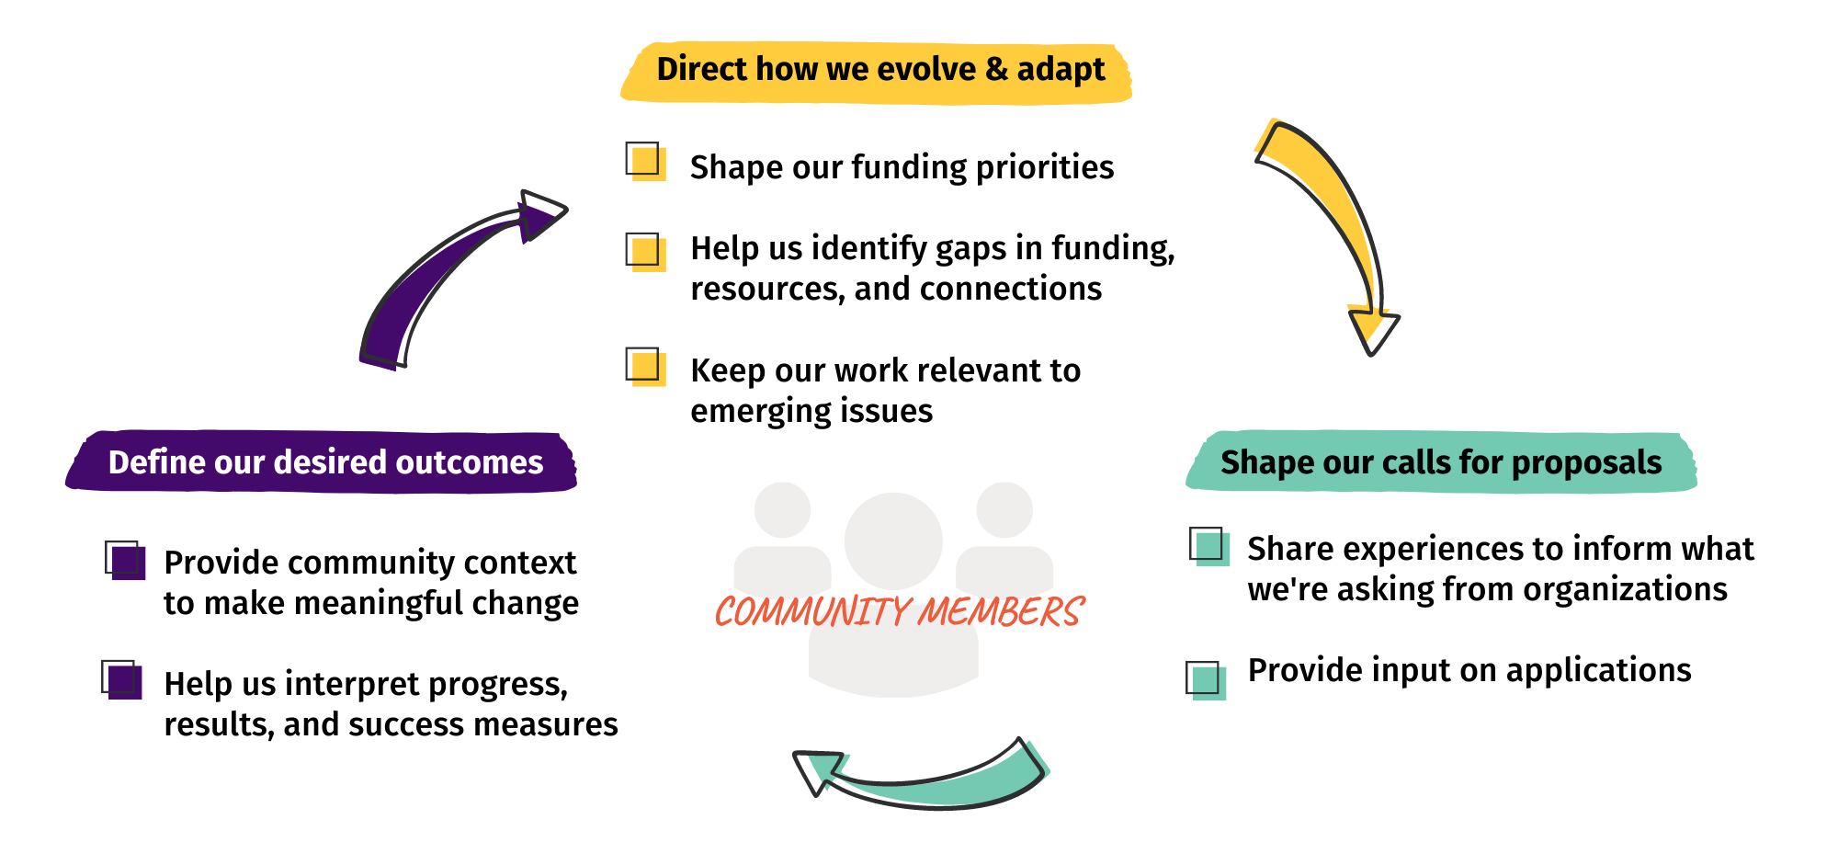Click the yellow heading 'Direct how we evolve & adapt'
pos(880,70)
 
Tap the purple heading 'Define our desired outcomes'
pos(325,461)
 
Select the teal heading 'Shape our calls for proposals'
pos(1441,461)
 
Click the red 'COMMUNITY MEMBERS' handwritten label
pos(900,611)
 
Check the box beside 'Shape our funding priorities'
pos(645,161)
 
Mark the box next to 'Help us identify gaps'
pos(645,251)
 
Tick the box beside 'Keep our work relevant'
pos(645,366)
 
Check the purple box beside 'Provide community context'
pos(125,560)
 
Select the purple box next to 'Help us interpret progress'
pos(121,680)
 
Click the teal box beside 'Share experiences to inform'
pos(1209,546)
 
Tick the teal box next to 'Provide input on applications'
pos(1206,680)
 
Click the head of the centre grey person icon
pos(893,541)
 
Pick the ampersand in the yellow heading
pos(996,70)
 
